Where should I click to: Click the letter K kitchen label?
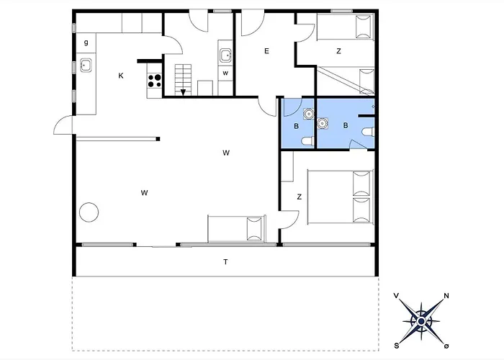coord(122,76)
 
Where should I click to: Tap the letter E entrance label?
coord(266,51)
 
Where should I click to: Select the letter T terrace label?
coord(225,261)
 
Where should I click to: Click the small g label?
coord(86,42)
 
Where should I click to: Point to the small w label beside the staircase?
coord(225,73)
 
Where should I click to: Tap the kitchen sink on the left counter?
coord(86,66)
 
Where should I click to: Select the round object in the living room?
coord(89,212)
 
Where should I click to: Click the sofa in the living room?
coord(236,228)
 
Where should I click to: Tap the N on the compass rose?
coord(446,296)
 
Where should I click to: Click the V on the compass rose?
coord(397,295)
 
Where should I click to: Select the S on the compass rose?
coord(396,344)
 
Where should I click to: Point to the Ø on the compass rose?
coord(446,345)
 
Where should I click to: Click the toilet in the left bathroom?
coord(306,140)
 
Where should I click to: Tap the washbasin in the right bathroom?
coord(322,123)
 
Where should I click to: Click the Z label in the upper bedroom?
coord(338,51)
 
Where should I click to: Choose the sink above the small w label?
coord(225,55)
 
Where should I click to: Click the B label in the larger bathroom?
coord(346,125)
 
